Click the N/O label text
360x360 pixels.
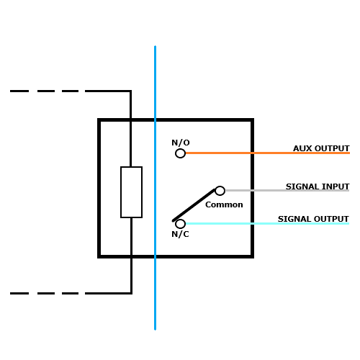coord(181,143)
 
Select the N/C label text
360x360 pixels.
coord(180,234)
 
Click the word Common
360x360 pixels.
coord(224,204)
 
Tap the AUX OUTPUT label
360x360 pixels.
coord(321,148)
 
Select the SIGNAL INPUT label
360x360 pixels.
coord(318,186)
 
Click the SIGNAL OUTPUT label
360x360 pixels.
coord(313,219)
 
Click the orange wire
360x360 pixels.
coord(268,153)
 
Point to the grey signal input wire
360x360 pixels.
coord(287,191)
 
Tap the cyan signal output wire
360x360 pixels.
coord(267,224)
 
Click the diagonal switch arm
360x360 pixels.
coord(194,205)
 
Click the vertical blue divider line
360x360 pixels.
coord(155,188)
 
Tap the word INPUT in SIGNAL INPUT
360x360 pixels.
coord(336,186)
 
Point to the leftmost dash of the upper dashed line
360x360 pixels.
coord(19,91)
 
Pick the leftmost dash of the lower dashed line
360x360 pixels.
coord(19,293)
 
